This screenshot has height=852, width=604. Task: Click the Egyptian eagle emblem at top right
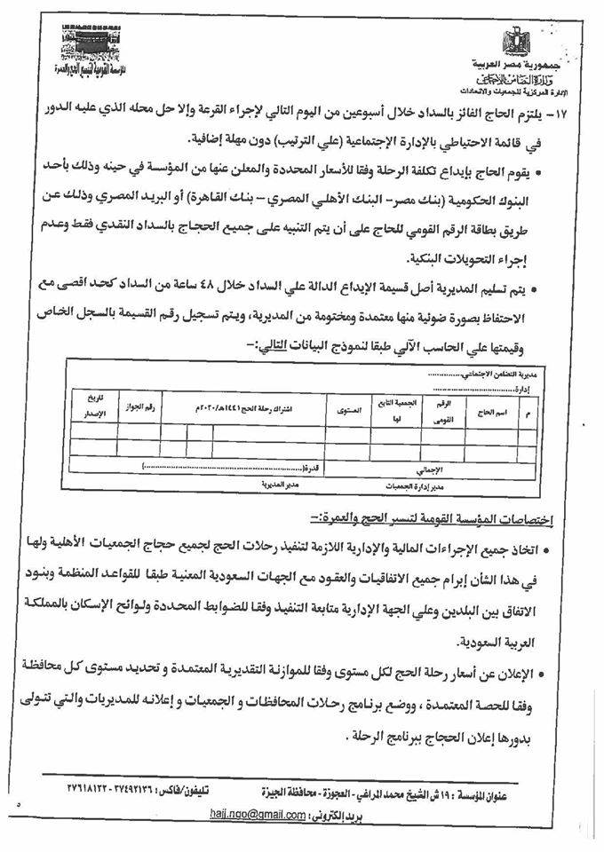tap(515, 41)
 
